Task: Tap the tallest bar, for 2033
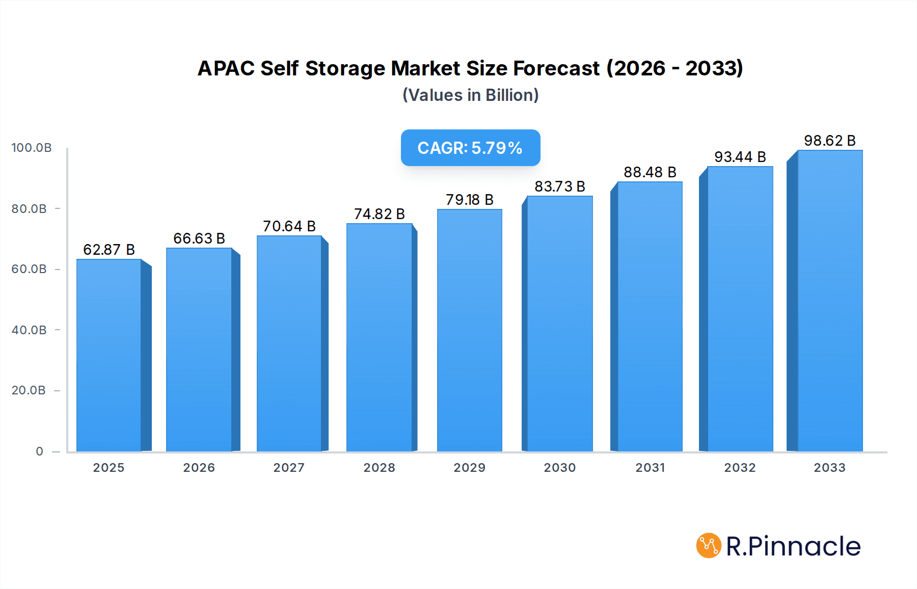click(829, 301)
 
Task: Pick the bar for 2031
click(650, 316)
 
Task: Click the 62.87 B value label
click(109, 250)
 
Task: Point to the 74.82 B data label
click(380, 214)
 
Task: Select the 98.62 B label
click(829, 141)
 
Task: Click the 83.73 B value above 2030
click(559, 186)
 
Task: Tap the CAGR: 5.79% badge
click(470, 148)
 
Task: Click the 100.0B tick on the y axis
click(32, 148)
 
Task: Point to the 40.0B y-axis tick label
click(29, 330)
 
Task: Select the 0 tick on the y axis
click(39, 451)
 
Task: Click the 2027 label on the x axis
click(289, 468)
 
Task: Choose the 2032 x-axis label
click(740, 468)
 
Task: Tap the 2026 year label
click(199, 468)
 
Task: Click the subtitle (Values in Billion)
click(470, 95)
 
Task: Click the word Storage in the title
click(345, 68)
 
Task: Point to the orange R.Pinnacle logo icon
click(709, 546)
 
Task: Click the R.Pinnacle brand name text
click(793, 546)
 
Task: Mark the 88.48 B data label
click(650, 172)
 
